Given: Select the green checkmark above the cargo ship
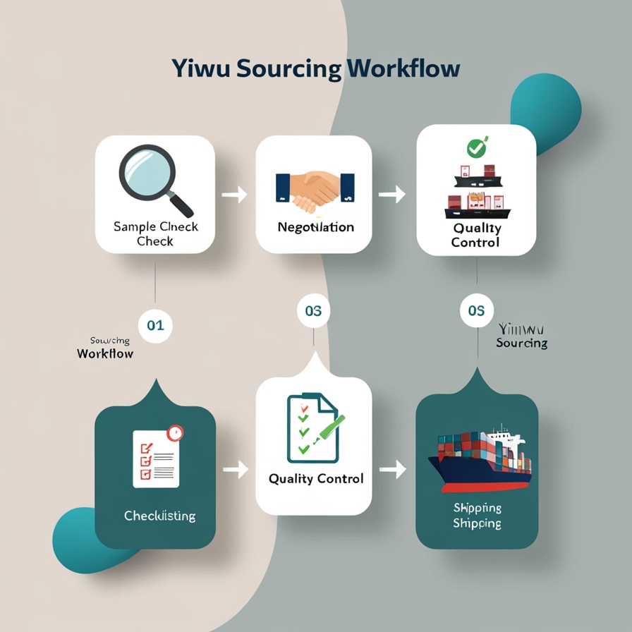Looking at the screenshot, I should coord(477,148).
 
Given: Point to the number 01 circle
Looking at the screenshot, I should coord(155,325).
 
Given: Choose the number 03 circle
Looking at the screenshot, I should coord(313,311).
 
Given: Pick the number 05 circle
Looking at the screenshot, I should coord(477,311).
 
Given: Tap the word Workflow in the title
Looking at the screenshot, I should coord(403,71).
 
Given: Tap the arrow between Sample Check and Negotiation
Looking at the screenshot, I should coord(235,194).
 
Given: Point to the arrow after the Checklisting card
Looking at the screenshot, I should coord(236,468).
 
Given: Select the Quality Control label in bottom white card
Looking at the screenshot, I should coord(316,479).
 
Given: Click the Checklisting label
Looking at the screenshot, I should coord(159,516).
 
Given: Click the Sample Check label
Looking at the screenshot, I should coord(155,234).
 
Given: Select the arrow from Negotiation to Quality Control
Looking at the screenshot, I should coord(393,194).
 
